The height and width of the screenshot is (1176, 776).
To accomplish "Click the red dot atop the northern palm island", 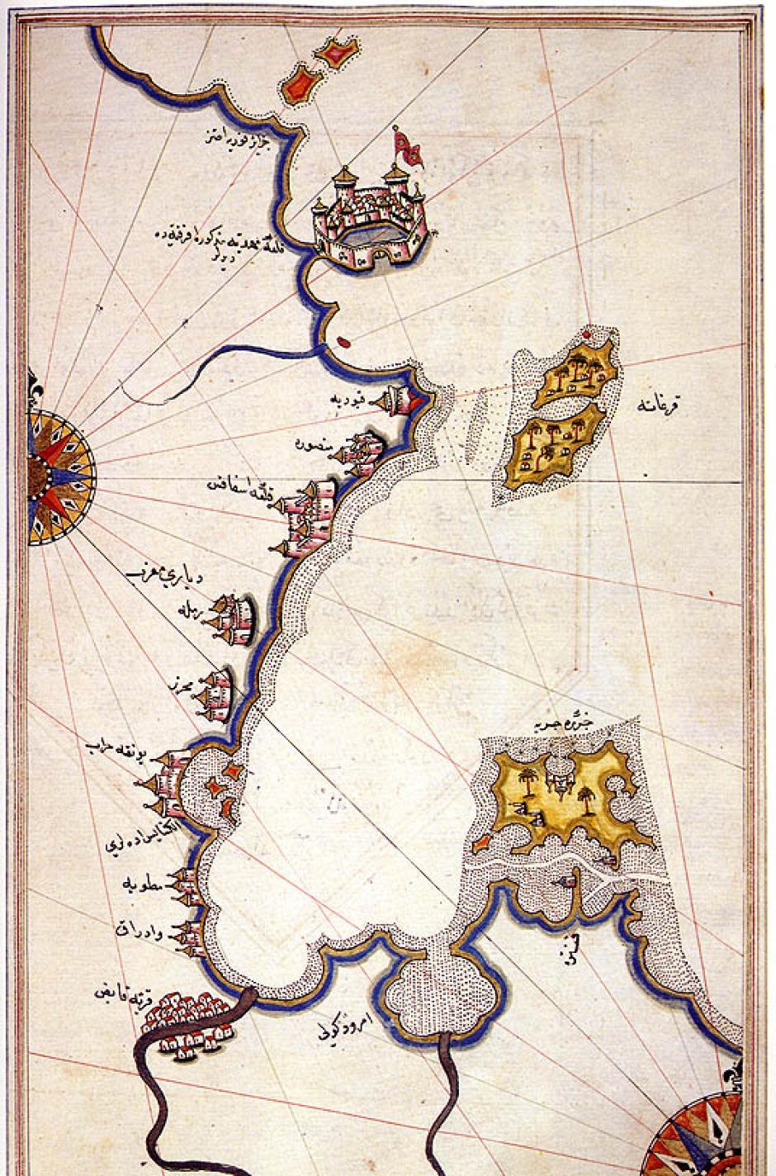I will tap(587, 335).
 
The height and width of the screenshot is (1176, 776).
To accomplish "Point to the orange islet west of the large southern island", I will tap(483, 844).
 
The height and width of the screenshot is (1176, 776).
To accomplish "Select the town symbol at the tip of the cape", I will tap(400, 401).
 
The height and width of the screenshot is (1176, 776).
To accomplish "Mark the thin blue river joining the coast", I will tap(223, 355).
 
